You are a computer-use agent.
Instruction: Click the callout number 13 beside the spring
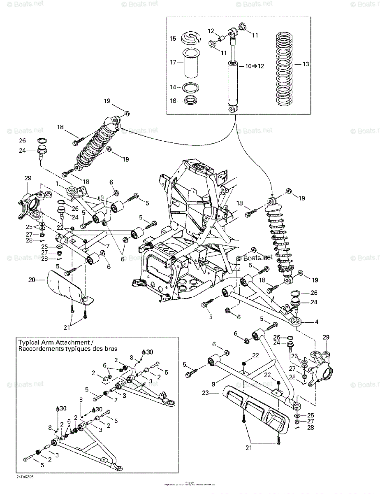tap(306, 64)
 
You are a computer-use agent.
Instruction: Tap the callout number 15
tap(173, 39)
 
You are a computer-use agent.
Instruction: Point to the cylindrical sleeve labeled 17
tap(190, 63)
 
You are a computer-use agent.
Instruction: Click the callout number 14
tap(173, 87)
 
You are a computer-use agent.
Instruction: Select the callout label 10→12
tap(255, 66)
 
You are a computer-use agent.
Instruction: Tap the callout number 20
tap(31, 280)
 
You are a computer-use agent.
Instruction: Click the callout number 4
tap(316, 322)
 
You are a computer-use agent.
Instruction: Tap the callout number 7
tap(107, 246)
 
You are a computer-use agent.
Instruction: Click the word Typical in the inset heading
tap(28, 342)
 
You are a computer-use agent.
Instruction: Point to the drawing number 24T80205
tap(26, 477)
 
